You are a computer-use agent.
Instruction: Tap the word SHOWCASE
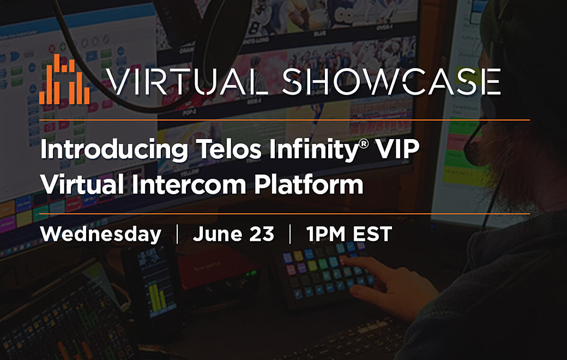pyautogui.click(x=391, y=82)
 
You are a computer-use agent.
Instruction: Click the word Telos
pyautogui.click(x=228, y=149)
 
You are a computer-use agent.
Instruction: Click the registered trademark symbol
pyautogui.click(x=364, y=144)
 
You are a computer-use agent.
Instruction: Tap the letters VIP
pyautogui.click(x=397, y=149)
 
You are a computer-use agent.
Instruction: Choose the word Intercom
pyautogui.click(x=189, y=184)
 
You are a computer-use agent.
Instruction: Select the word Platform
pyautogui.click(x=308, y=184)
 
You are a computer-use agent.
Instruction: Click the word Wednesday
pyautogui.click(x=101, y=234)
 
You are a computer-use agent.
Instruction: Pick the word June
pyautogui.click(x=218, y=234)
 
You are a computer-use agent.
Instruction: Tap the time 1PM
pyautogui.click(x=326, y=235)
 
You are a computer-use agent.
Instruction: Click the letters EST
pyautogui.click(x=373, y=235)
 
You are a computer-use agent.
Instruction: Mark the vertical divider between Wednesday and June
pyautogui.click(x=177, y=234)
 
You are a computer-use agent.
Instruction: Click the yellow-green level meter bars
pyautogui.click(x=158, y=296)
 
